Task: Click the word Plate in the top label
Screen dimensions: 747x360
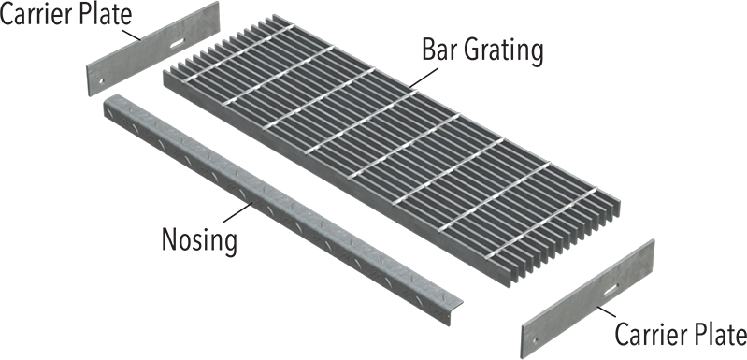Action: pos(103,13)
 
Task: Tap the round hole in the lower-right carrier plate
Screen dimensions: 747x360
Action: pos(535,326)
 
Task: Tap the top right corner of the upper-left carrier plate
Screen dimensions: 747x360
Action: pos(219,4)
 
